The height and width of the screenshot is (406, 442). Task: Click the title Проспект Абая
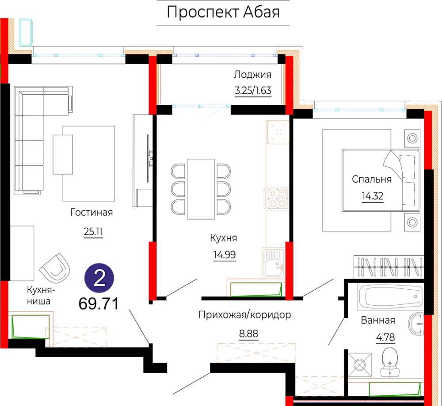[223, 12]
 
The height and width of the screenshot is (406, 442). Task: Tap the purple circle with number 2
[99, 278]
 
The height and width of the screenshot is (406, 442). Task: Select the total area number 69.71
[99, 303]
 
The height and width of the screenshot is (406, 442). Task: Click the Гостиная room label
[91, 212]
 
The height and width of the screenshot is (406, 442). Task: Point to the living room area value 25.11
[93, 232]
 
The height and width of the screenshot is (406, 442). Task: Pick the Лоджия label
[252, 74]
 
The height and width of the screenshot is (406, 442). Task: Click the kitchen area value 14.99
[225, 255]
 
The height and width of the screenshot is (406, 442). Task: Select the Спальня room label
[372, 179]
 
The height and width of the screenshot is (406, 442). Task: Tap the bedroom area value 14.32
[373, 195]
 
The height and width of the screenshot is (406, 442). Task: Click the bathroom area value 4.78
[385, 337]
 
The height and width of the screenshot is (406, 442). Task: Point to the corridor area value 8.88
[248, 334]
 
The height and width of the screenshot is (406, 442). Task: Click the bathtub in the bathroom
[390, 296]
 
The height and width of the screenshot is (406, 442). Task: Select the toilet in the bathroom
[389, 362]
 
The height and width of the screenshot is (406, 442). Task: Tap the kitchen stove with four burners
[278, 198]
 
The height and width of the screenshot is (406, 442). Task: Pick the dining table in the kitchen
[201, 189]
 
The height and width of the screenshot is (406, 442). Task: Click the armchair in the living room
[55, 268]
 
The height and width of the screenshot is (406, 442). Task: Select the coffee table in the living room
[63, 154]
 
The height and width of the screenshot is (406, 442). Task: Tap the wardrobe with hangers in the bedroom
[389, 267]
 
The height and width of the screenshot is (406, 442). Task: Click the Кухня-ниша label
[41, 295]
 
